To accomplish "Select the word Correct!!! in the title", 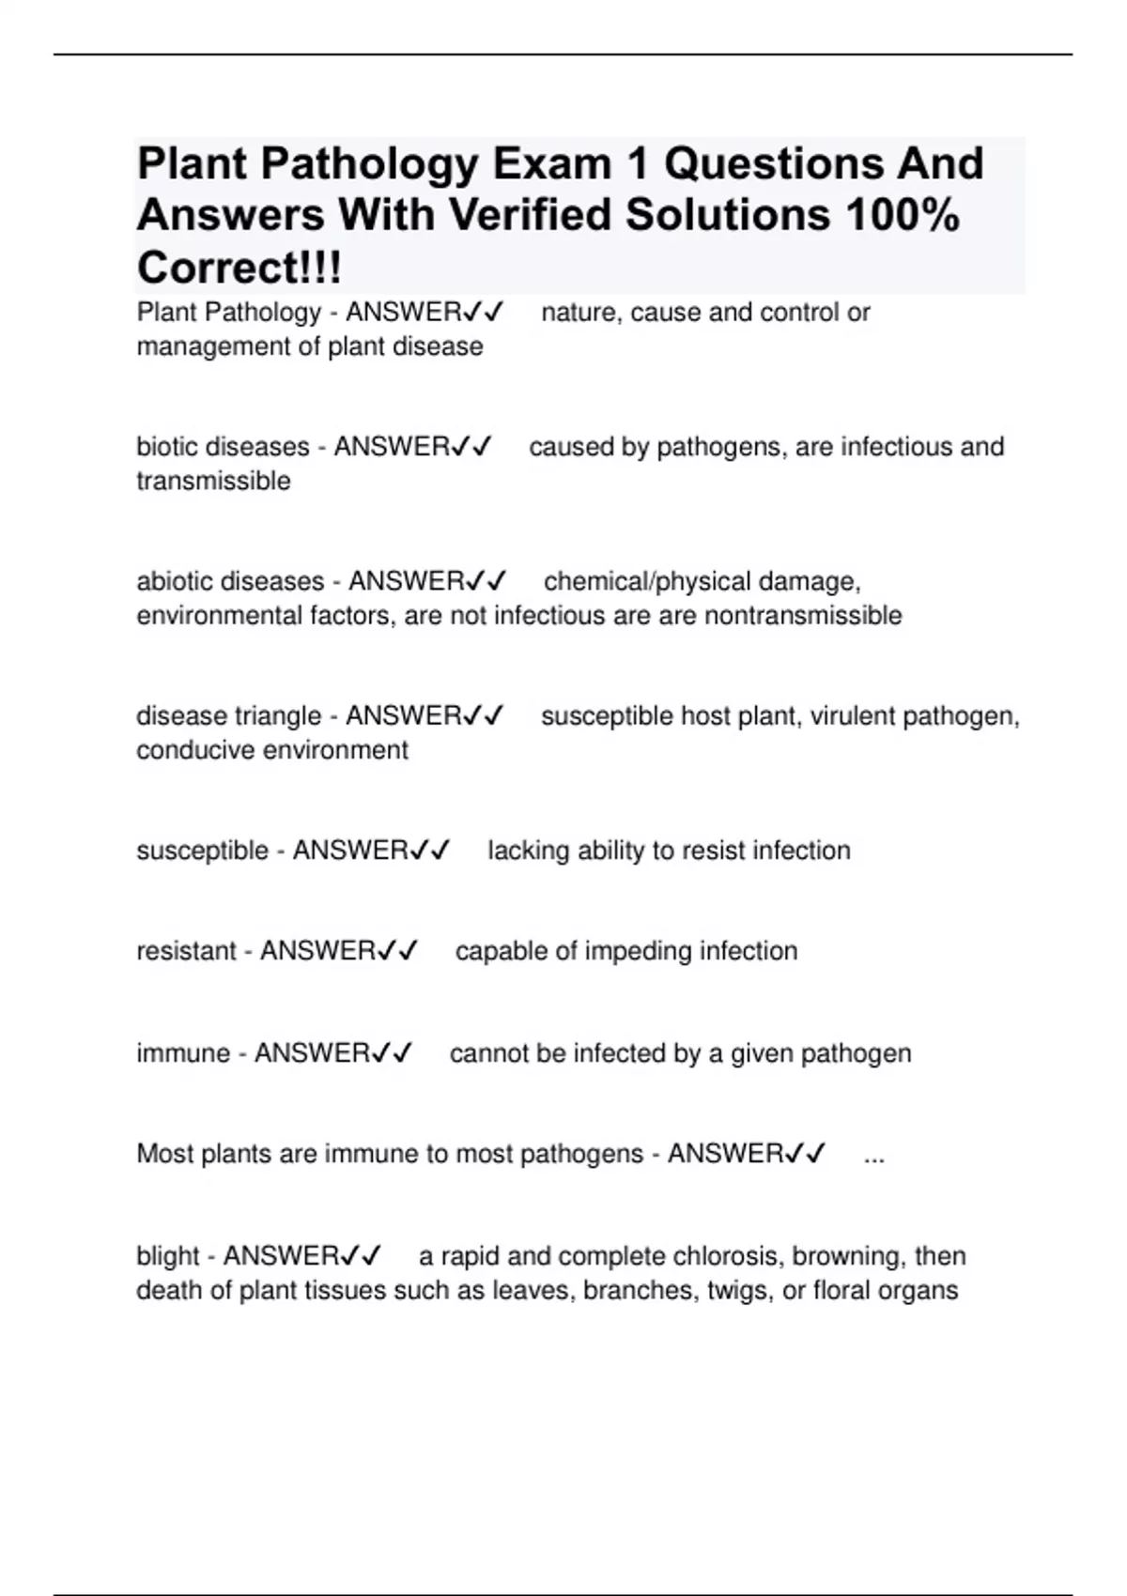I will click(239, 269).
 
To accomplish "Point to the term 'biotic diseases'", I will click(223, 447).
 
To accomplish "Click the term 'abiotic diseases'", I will click(230, 582).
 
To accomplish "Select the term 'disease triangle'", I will click(228, 716).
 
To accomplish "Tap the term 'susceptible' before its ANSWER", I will click(202, 851).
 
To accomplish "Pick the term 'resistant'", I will click(186, 951).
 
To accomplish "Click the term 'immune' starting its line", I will click(183, 1053).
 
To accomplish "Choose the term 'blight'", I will click(167, 1256).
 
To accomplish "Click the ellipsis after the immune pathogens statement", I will click(873, 1155).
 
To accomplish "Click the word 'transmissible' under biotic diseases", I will click(213, 482).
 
